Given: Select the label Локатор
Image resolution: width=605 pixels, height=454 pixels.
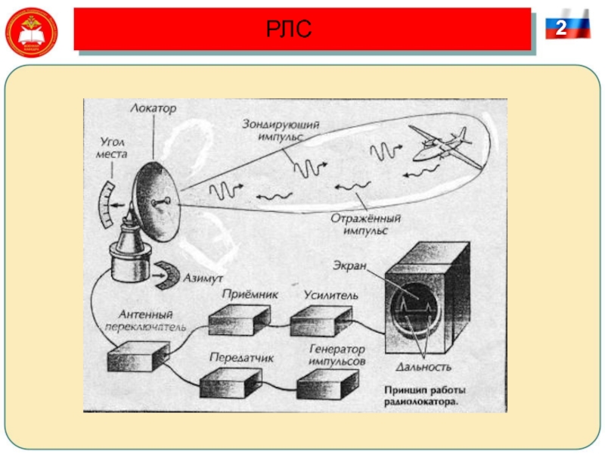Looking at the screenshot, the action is (154, 110).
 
